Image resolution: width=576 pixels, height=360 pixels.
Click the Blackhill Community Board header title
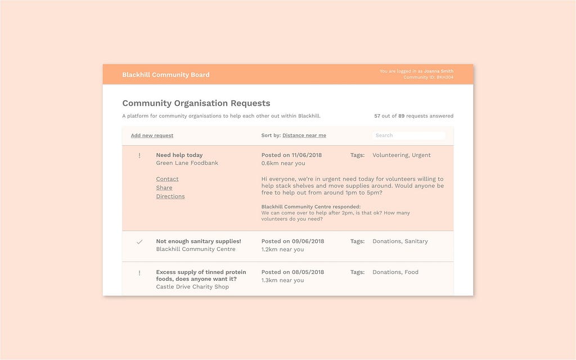click(166, 75)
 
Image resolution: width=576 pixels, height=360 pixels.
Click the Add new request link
click(152, 136)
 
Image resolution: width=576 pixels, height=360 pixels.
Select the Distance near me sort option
click(304, 136)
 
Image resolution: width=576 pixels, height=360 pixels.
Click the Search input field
click(409, 136)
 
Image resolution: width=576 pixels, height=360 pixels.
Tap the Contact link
click(167, 179)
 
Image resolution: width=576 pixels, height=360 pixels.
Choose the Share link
click(164, 188)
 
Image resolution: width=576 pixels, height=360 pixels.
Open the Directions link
click(170, 196)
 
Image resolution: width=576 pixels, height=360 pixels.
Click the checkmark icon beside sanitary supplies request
click(139, 242)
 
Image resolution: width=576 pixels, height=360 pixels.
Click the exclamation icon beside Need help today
click(139, 156)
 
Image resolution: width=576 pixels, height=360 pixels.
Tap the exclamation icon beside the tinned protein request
click(139, 273)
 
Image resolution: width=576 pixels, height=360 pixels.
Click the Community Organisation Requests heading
click(196, 103)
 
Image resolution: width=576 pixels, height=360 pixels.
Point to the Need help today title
click(179, 155)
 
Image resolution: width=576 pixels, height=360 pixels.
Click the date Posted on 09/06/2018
click(292, 241)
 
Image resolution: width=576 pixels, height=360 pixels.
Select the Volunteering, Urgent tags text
click(402, 155)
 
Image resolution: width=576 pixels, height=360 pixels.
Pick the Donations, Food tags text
click(395, 272)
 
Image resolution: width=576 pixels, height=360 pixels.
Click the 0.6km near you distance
click(283, 163)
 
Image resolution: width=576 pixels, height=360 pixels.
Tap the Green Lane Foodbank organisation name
click(187, 163)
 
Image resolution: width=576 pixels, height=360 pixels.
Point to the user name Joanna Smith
click(439, 71)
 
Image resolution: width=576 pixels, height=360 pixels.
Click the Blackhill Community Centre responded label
click(311, 207)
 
